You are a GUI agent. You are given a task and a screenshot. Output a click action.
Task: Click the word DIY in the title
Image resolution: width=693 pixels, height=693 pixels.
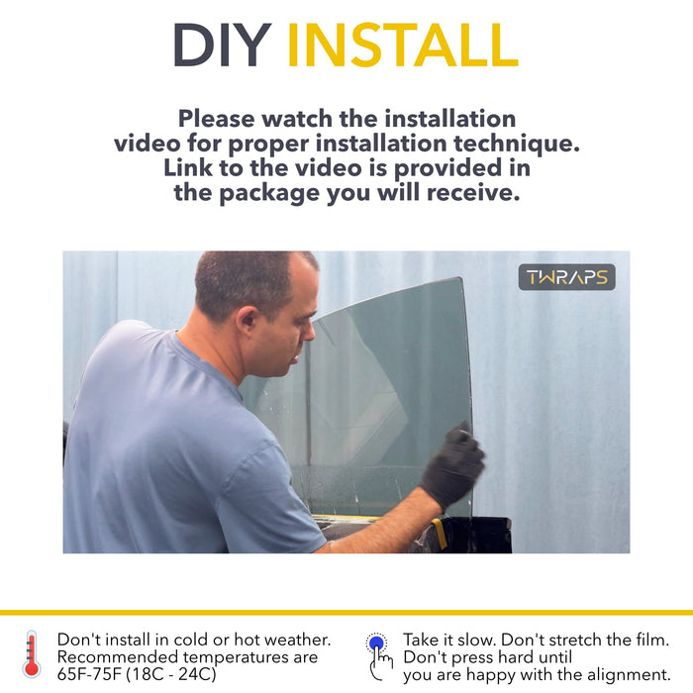coord(223,45)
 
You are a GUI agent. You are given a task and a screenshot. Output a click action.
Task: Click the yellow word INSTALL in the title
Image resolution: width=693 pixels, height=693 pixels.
coord(403,45)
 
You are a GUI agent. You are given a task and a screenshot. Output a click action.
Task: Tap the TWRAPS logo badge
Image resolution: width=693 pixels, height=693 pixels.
coord(566,277)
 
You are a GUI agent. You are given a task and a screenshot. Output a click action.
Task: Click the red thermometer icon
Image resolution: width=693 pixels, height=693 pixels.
coord(32,654)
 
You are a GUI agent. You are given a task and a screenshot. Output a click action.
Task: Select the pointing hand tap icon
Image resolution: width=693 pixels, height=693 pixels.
coord(378,656)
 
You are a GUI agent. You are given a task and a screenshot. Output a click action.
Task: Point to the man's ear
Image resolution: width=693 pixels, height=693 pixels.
coord(247,324)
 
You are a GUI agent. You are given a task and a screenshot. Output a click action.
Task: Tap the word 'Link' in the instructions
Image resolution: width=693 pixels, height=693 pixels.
coord(188,168)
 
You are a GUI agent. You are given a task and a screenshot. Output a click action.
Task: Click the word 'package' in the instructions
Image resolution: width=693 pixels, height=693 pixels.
coord(268,193)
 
